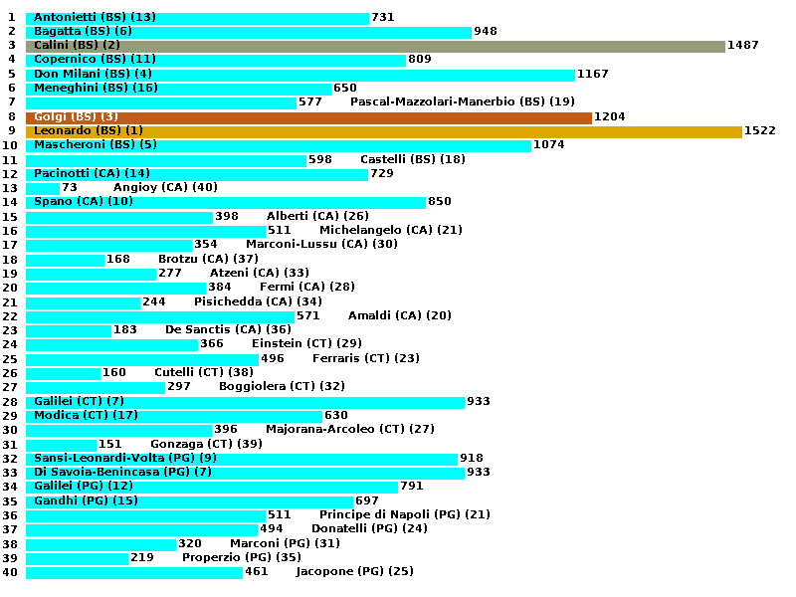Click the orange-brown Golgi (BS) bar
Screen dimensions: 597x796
coord(308,117)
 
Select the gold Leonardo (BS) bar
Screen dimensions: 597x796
coord(383,131)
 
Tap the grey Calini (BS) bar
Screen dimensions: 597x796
coord(375,46)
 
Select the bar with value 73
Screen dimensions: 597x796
coord(43,188)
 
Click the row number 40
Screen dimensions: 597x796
coord(10,572)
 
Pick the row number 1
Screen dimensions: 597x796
coord(10,18)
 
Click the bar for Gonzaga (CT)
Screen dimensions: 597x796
coord(61,445)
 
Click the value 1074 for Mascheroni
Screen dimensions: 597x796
coord(549,145)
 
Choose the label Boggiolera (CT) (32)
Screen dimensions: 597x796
coord(282,387)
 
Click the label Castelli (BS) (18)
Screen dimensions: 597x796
coord(412,160)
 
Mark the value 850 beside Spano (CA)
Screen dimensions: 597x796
coord(440,202)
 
